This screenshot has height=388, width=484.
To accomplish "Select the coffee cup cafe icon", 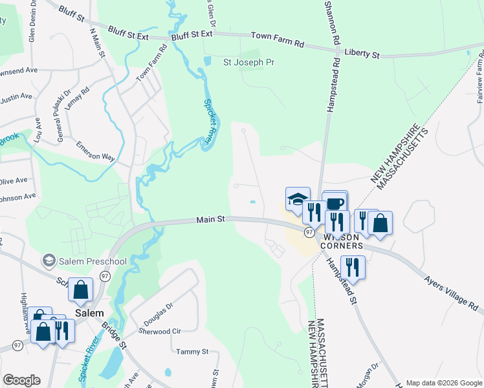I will coord(335,203).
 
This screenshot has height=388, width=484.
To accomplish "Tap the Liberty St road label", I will coord(362,54).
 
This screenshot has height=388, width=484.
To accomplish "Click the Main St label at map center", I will coord(211,220).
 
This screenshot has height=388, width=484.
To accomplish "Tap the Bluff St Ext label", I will coord(192,36).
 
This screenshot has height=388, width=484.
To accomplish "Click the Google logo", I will coord(21,380).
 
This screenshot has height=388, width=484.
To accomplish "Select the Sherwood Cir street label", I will coord(160,331).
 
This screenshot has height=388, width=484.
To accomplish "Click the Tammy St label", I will coord(192,352).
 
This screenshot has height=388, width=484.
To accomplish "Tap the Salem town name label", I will coord(89,313).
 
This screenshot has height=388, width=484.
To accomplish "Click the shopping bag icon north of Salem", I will coord(82,291).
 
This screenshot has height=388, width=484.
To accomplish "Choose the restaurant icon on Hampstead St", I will coord(353,267).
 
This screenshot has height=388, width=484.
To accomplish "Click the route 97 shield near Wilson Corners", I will coord(310,232).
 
